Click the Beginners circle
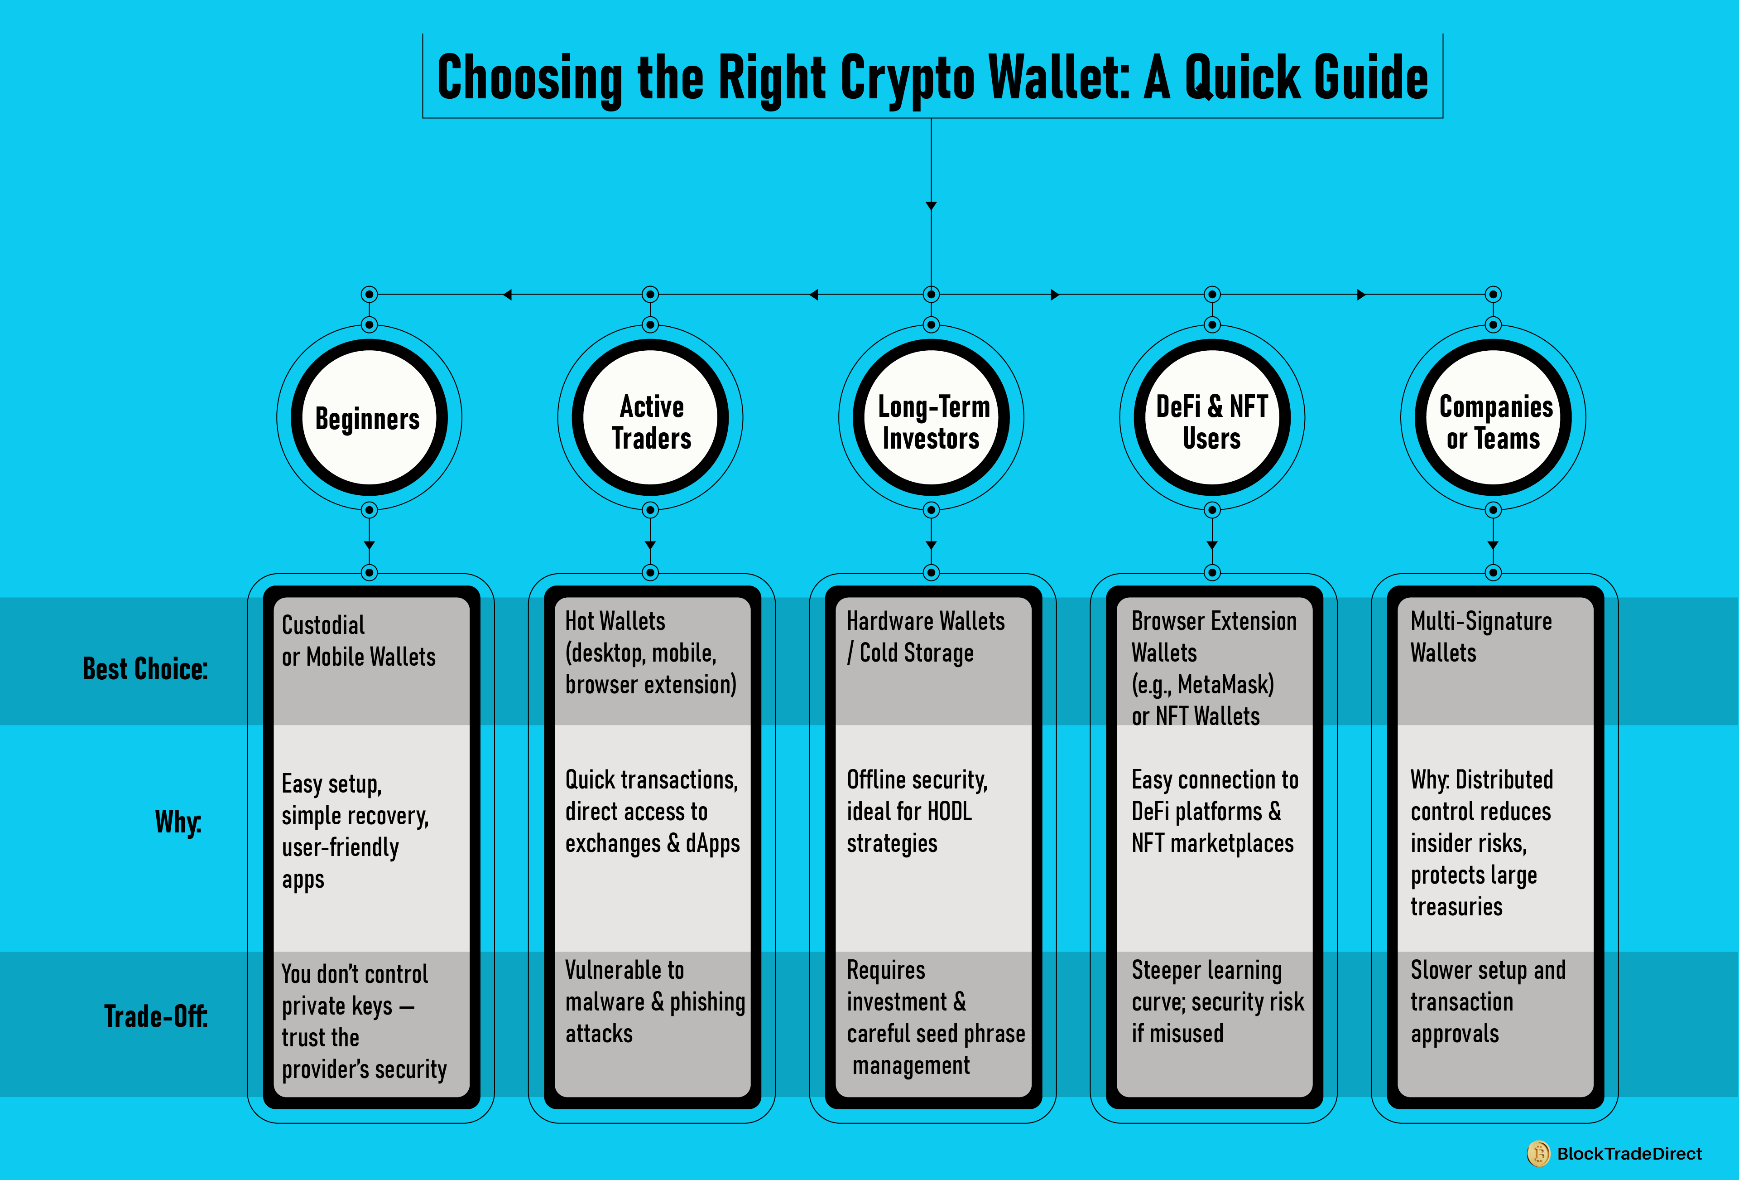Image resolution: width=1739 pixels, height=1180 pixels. [369, 418]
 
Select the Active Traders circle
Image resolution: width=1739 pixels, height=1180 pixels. [650, 418]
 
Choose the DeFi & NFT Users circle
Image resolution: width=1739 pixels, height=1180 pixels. [1212, 418]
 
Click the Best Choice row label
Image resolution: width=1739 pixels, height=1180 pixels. [145, 668]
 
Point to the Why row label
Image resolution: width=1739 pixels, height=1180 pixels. [178, 822]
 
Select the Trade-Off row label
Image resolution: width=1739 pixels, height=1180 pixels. [156, 1016]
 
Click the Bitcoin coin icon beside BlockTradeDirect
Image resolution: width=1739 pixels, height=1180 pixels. [1538, 1153]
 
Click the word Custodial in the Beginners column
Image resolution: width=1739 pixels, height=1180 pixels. [323, 625]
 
